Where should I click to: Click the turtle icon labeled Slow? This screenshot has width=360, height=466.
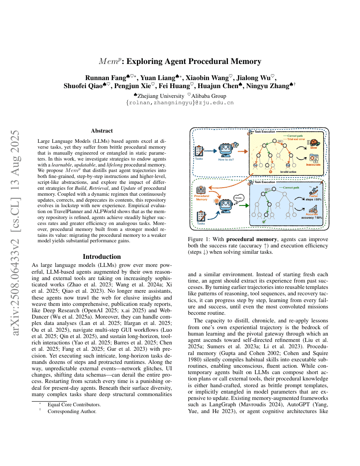tap(314, 144)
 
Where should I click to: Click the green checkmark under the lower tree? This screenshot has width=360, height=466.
tap(264, 221)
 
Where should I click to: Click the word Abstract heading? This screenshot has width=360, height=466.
tap(102, 131)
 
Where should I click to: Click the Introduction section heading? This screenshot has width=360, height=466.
tap(102, 257)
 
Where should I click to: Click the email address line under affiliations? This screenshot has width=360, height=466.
tap(180, 103)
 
